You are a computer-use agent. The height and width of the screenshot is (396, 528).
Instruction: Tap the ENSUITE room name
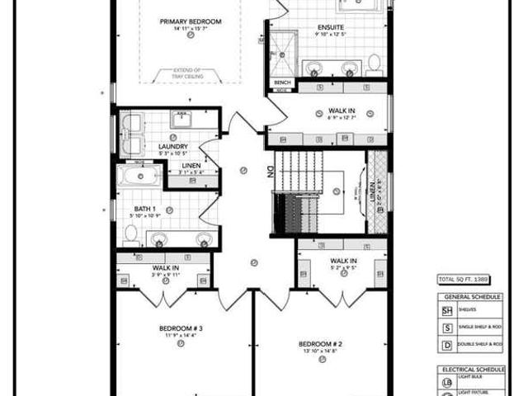click(x=332, y=27)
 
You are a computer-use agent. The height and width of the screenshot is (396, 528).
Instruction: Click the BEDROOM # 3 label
click(x=181, y=328)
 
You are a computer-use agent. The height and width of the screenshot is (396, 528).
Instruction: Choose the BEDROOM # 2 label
click(x=321, y=342)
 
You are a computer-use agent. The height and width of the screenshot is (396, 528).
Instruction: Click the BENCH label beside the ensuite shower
click(x=282, y=83)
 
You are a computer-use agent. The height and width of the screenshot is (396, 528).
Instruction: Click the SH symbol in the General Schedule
click(x=446, y=311)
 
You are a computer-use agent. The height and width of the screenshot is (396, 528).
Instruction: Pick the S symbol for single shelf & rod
click(x=446, y=327)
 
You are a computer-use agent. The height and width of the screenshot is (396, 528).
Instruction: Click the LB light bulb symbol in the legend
click(x=446, y=382)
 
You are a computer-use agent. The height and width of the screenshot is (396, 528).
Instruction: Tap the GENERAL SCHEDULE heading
click(x=468, y=298)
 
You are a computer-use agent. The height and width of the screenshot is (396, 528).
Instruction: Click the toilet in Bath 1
click(x=130, y=234)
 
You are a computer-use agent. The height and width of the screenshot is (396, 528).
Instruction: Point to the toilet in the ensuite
click(x=374, y=63)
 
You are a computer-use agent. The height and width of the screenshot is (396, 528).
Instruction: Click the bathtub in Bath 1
click(x=139, y=176)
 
